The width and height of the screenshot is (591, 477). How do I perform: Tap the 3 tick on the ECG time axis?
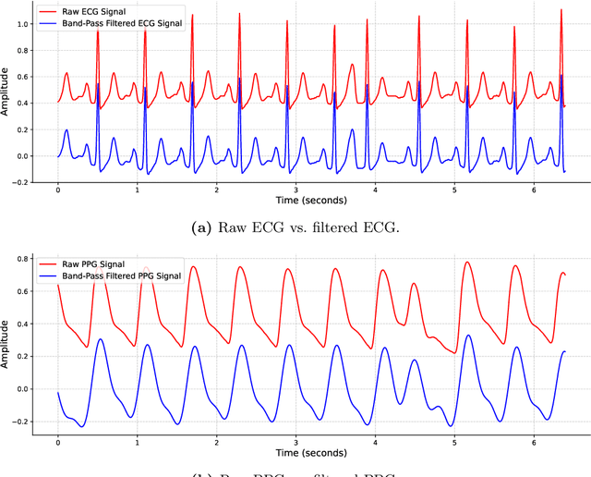(295, 190)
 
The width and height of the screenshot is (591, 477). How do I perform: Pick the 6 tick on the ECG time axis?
(533, 190)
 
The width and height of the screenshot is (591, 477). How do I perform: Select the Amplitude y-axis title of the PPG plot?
(6, 342)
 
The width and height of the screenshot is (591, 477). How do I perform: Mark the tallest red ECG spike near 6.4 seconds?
(561, 11)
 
